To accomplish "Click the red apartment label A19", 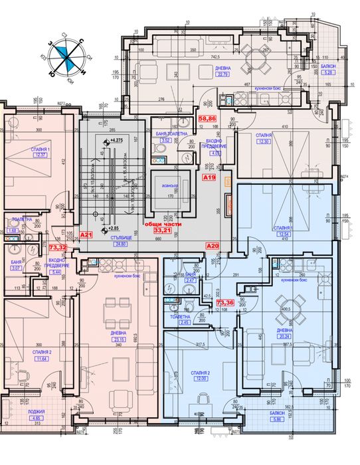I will pos(209,177).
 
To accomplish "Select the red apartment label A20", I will pos(213,246).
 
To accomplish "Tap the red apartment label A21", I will pos(86,235).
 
